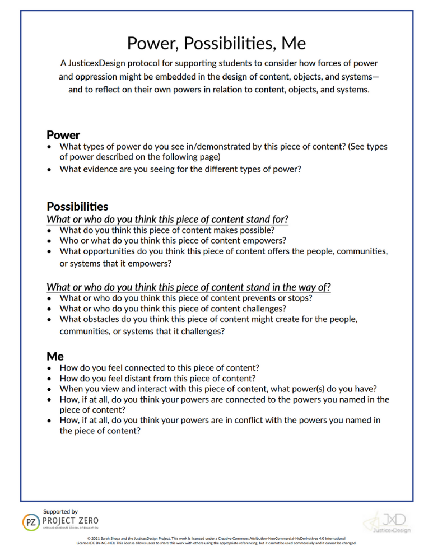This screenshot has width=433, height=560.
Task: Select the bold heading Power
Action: point(63,135)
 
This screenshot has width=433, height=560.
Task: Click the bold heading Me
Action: point(55,356)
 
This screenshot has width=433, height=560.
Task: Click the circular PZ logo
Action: point(30,522)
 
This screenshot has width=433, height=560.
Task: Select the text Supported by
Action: point(60,511)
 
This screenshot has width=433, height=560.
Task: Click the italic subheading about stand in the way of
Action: point(188,287)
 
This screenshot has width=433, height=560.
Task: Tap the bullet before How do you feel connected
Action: point(50,368)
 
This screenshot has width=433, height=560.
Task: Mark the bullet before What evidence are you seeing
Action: point(50,169)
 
